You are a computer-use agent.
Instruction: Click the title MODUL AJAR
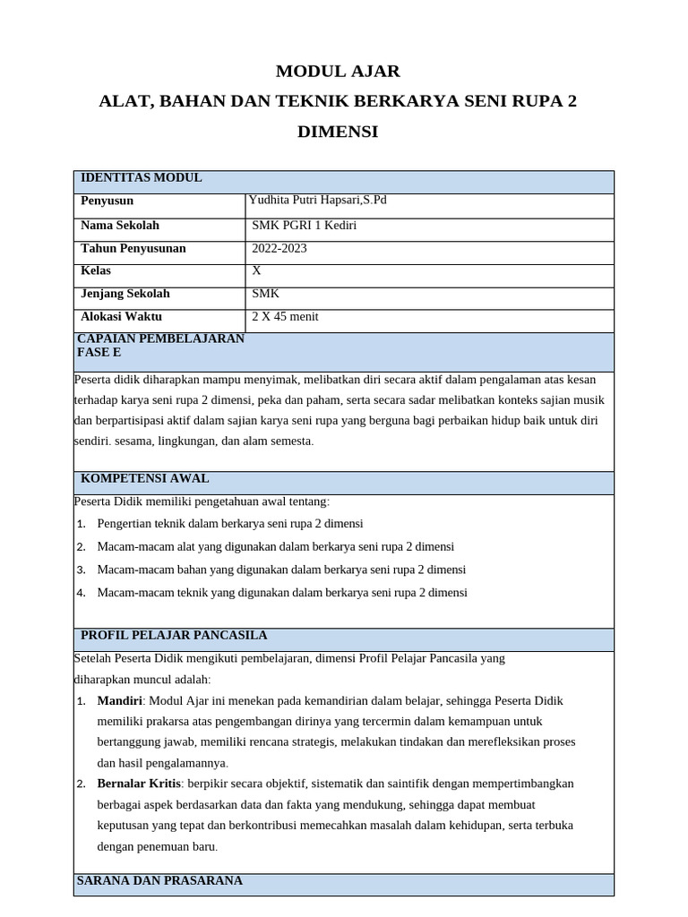(x=338, y=72)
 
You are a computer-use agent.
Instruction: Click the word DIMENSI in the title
(x=338, y=133)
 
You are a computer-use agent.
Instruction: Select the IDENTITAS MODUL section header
(x=142, y=178)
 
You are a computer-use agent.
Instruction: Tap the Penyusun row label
(x=107, y=201)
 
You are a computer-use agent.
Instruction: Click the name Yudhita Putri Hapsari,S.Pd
(x=317, y=201)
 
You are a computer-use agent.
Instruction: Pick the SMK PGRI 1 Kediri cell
(x=305, y=225)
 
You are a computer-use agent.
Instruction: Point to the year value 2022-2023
(x=279, y=248)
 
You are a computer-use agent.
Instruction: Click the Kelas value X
(x=257, y=270)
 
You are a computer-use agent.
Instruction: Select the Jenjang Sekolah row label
(x=125, y=294)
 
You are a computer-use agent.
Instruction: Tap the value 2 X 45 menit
(x=286, y=316)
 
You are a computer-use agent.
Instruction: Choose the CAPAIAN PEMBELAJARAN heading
(x=161, y=339)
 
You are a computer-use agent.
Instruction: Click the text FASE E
(x=99, y=353)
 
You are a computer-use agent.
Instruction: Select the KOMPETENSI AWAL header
(x=145, y=479)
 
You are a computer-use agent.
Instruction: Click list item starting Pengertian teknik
(x=230, y=524)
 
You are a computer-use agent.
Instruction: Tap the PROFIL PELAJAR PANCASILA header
(x=174, y=636)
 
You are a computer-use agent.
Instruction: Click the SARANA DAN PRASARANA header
(x=159, y=881)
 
